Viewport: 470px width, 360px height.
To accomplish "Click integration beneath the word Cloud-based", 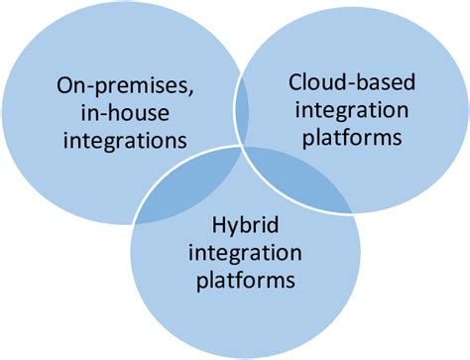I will tap(350, 109).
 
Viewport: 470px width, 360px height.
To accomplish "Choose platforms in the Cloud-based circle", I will tap(350, 138).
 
